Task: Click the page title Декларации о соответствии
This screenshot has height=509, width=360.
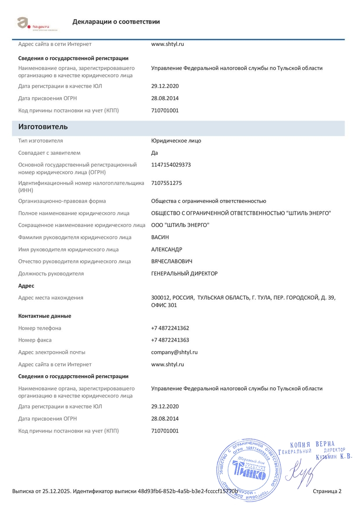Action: [x=116, y=22]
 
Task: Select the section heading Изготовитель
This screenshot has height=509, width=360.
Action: [x=43, y=127]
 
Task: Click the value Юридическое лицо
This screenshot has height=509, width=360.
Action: [x=176, y=141]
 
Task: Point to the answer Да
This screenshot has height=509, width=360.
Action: [x=154, y=153]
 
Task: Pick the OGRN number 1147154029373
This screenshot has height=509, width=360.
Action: [x=171, y=165]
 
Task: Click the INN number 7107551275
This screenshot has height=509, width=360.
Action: [x=166, y=183]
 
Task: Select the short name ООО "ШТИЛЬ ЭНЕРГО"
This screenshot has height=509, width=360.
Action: [x=180, y=225]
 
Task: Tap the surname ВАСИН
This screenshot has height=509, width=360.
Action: [x=160, y=237]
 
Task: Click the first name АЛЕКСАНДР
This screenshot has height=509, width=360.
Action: [x=167, y=250]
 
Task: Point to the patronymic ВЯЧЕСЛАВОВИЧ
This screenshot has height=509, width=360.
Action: [x=171, y=261]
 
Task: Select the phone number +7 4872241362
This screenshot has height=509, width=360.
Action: [x=170, y=328]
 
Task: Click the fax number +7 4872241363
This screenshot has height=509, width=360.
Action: [x=170, y=340]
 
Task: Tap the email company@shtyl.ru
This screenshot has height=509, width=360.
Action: [x=175, y=352]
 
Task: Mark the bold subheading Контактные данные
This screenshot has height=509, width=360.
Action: [x=45, y=316]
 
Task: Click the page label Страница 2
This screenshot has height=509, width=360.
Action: [x=327, y=491]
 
